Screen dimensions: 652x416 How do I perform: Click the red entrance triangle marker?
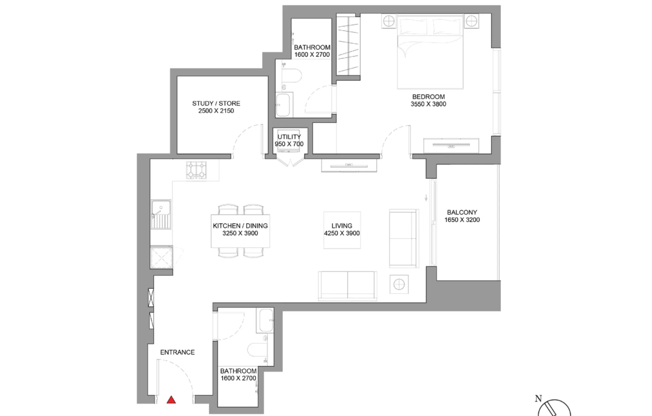pos(171,400)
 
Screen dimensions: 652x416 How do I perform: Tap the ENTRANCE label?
pos(177,352)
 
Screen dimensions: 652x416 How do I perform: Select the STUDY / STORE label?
pos(216,103)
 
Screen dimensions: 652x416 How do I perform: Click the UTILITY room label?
pos(289,137)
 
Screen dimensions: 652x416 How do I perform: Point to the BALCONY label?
pos(462,212)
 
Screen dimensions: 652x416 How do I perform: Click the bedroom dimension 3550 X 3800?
pos(428,104)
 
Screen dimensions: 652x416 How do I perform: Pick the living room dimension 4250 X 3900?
pos(342,233)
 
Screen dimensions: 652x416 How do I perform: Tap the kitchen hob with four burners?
pos(196,170)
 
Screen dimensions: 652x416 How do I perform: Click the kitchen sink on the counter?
pos(161,214)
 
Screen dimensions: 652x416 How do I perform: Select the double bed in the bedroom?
pos(430,52)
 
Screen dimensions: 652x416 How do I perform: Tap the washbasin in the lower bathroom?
pos(266,321)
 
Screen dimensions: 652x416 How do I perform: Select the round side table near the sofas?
pos(399,284)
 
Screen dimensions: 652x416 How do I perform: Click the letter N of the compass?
pos(538,398)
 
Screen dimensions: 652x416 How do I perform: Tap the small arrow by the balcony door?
pos(426,198)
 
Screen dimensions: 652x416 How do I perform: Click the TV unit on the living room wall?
pos(349,165)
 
